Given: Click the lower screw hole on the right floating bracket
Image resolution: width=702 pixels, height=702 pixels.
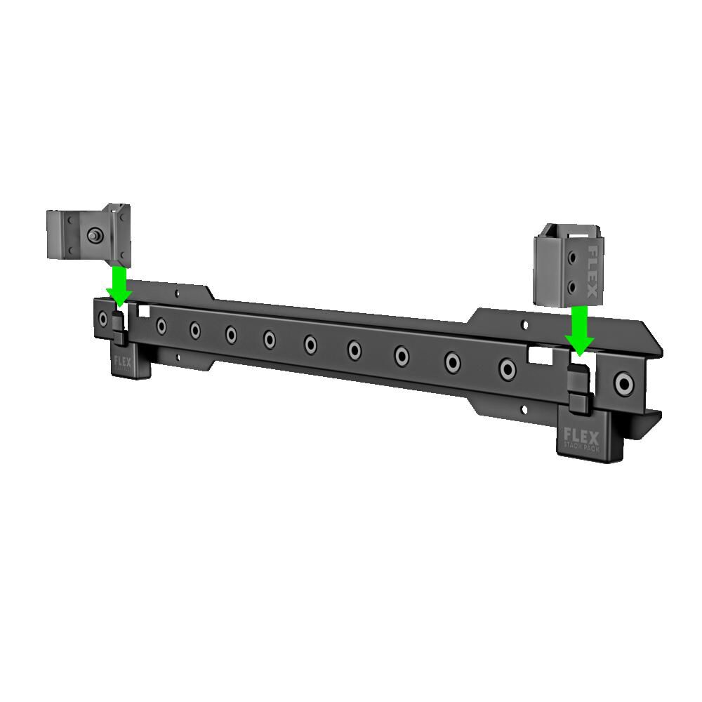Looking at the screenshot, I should (574, 286).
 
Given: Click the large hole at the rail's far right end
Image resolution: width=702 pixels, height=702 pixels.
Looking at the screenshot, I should (622, 383).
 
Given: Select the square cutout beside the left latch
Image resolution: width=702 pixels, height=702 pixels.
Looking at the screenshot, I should (144, 310).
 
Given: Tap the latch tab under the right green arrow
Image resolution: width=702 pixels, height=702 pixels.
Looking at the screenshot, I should (578, 386).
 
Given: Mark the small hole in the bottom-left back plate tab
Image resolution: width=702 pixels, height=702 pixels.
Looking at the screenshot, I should (178, 359).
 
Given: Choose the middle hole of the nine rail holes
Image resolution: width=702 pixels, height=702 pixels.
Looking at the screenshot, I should (311, 344).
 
